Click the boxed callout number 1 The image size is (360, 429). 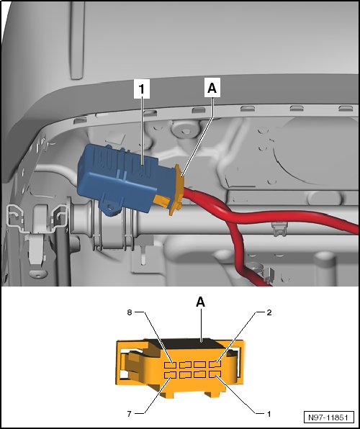tap(142, 89)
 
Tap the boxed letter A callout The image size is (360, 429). tap(212, 88)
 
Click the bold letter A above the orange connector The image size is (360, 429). tap(201, 302)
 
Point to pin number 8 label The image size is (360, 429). tap(130, 312)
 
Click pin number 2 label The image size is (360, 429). tap(269, 312)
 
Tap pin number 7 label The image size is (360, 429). tap(130, 414)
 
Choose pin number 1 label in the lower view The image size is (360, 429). tap(269, 414)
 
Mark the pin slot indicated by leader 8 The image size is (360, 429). tap(171, 365)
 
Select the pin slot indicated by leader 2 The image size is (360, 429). tap(215, 364)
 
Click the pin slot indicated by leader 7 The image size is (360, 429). tap(171, 375)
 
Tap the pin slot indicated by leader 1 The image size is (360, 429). tap(215, 374)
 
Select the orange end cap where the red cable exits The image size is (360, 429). tap(177, 189)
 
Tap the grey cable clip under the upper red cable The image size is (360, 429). tap(279, 229)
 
